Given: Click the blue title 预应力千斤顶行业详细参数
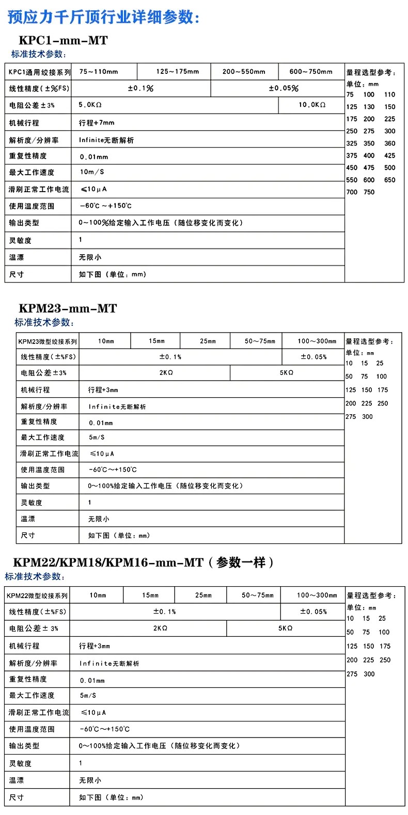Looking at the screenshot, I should (x=103, y=17).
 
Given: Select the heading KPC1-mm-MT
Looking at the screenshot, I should (x=63, y=40).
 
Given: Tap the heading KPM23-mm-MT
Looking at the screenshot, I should (x=68, y=308).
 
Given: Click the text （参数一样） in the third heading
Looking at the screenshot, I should (x=241, y=562).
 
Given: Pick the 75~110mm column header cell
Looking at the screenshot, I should (x=99, y=72).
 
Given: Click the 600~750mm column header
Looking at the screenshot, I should (x=311, y=72).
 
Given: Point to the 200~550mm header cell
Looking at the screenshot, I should (x=244, y=72).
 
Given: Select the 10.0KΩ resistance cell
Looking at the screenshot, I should (x=312, y=105).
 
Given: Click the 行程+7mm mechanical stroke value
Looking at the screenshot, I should (x=97, y=123).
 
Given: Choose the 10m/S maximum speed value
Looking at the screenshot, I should (x=92, y=172).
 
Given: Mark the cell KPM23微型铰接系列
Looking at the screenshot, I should (x=48, y=341).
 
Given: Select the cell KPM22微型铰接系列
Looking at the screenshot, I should (x=37, y=595).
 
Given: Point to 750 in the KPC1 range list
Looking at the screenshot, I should (x=369, y=192).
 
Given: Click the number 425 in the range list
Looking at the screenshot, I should (x=389, y=155).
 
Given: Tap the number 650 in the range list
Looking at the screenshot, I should (x=389, y=180).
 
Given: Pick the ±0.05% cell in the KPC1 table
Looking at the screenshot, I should (x=284, y=88).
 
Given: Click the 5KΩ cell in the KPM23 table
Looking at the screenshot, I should (x=287, y=373).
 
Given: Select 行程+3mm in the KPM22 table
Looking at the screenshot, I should (x=95, y=646).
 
